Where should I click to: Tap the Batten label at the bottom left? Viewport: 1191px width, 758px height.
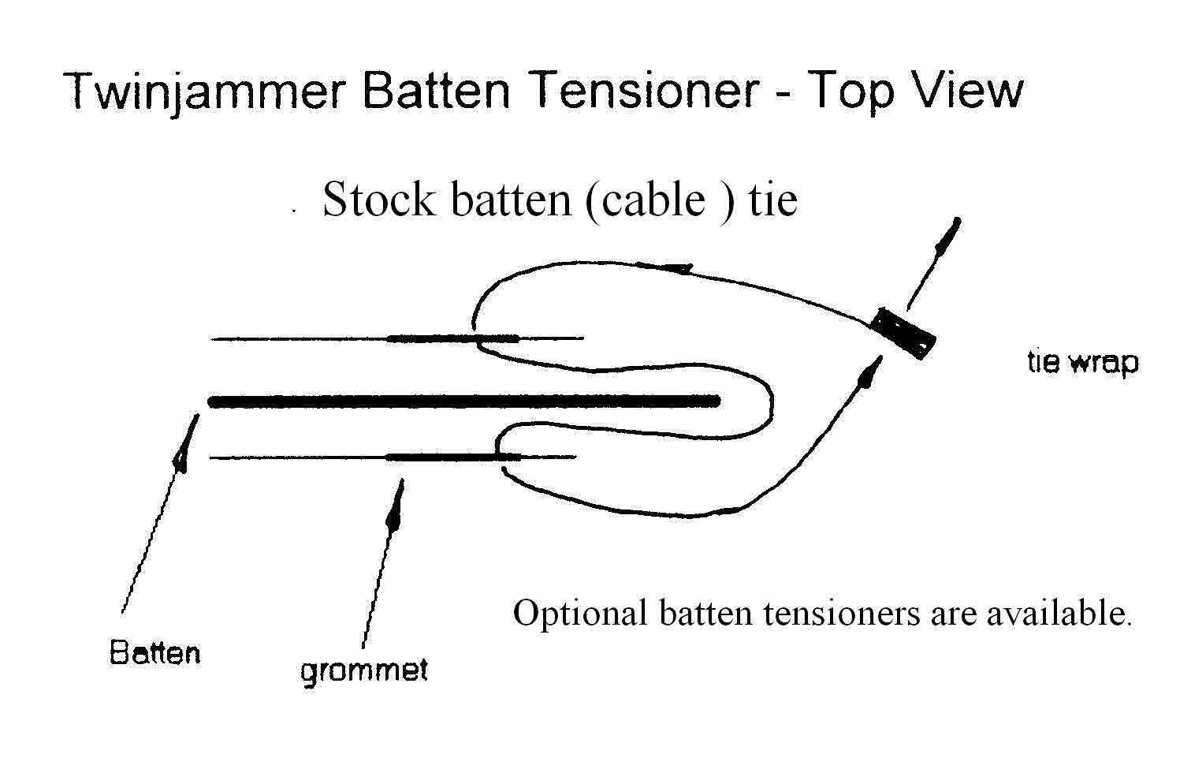pos(154,653)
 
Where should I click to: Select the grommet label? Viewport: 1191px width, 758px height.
pos(364,670)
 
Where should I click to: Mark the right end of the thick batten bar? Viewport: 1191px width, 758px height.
pos(716,401)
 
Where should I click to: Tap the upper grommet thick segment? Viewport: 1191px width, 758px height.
pos(453,339)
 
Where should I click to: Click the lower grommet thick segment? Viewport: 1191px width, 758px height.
pos(453,457)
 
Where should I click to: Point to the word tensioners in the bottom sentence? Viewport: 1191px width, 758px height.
pos(843,613)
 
